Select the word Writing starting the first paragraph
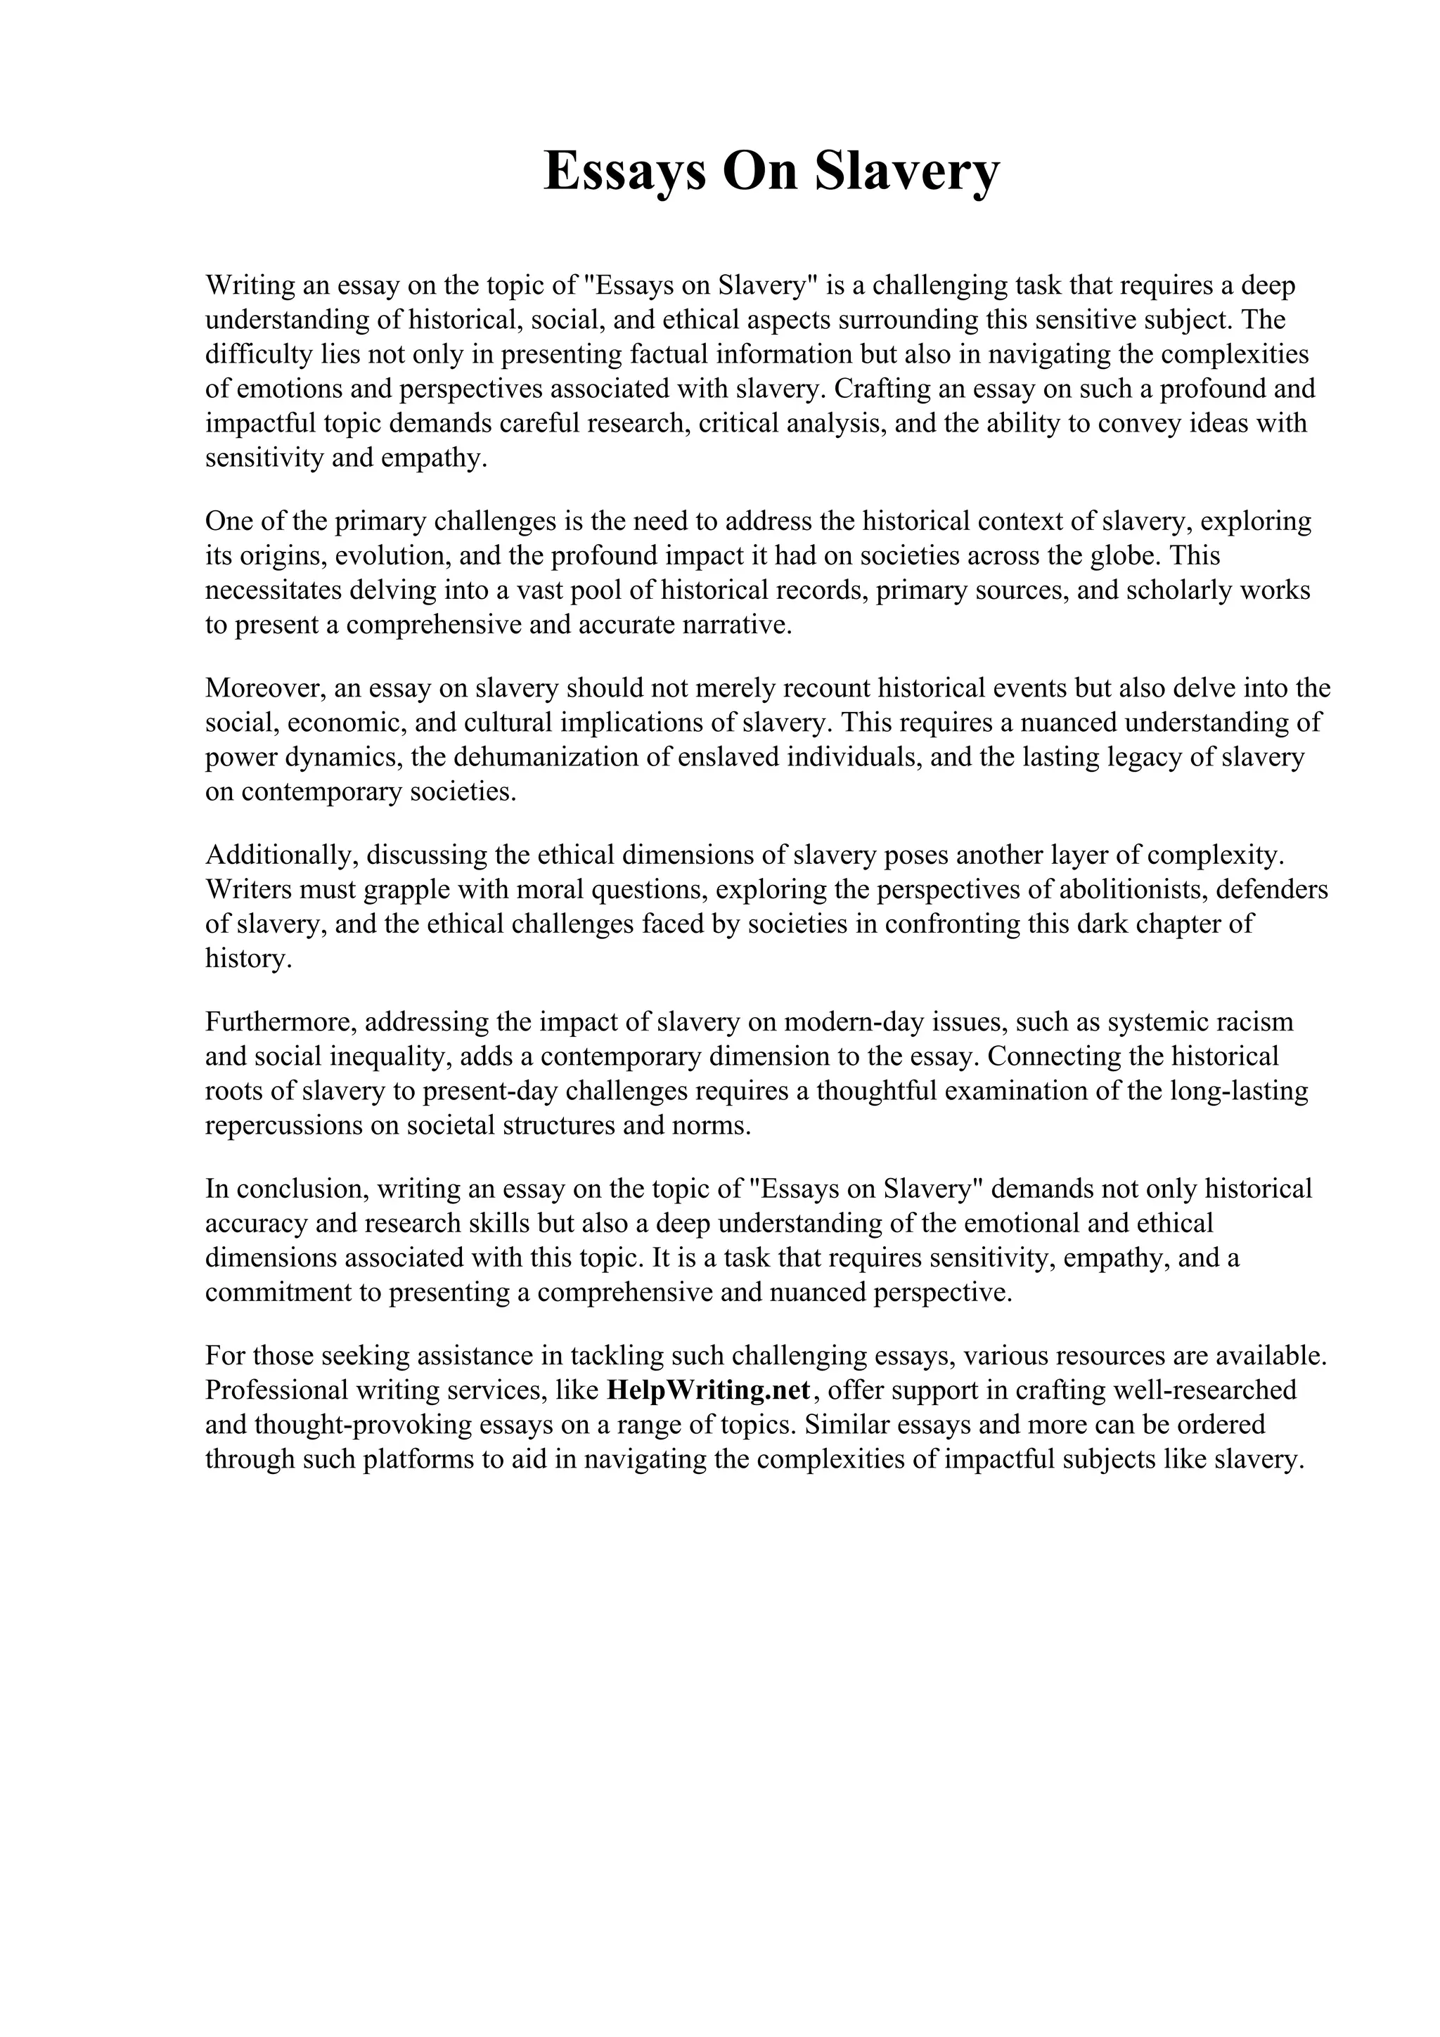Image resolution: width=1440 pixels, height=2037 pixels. click(250, 285)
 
